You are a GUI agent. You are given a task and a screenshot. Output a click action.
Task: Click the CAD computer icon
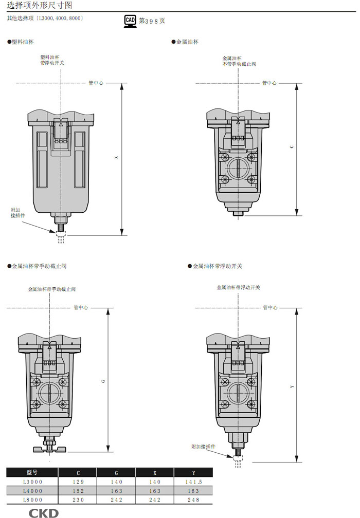point(130,21)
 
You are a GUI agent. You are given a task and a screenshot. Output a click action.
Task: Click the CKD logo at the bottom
point(43,513)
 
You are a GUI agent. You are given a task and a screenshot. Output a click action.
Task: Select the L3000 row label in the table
point(32,482)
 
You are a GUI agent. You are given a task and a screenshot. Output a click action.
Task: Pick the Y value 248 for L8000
point(193,500)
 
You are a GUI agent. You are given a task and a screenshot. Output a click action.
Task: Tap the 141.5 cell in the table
point(193,482)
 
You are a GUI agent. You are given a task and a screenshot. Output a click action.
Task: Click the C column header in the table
point(78,473)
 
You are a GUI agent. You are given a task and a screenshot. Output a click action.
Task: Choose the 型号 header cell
point(32,472)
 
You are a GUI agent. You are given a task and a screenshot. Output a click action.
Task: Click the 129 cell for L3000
point(78,482)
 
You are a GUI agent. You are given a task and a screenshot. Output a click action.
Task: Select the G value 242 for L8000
point(116,500)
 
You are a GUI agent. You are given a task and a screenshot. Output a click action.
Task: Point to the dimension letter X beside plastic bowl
point(116,157)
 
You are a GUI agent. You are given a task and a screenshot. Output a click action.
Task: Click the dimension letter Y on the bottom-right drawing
point(292,386)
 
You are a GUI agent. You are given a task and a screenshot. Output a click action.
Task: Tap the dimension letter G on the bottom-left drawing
point(103,381)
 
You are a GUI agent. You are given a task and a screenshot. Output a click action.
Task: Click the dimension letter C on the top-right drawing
point(291,146)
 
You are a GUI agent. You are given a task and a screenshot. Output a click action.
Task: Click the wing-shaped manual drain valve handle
point(49,449)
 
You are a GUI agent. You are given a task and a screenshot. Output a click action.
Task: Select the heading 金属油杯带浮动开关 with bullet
point(215,266)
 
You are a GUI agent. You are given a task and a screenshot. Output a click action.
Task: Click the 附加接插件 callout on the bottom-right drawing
point(203,446)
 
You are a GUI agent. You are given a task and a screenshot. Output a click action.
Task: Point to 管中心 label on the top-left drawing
point(96,83)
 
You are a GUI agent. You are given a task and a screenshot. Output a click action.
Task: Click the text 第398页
point(152,21)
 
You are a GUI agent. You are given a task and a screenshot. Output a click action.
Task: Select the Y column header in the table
point(193,473)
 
